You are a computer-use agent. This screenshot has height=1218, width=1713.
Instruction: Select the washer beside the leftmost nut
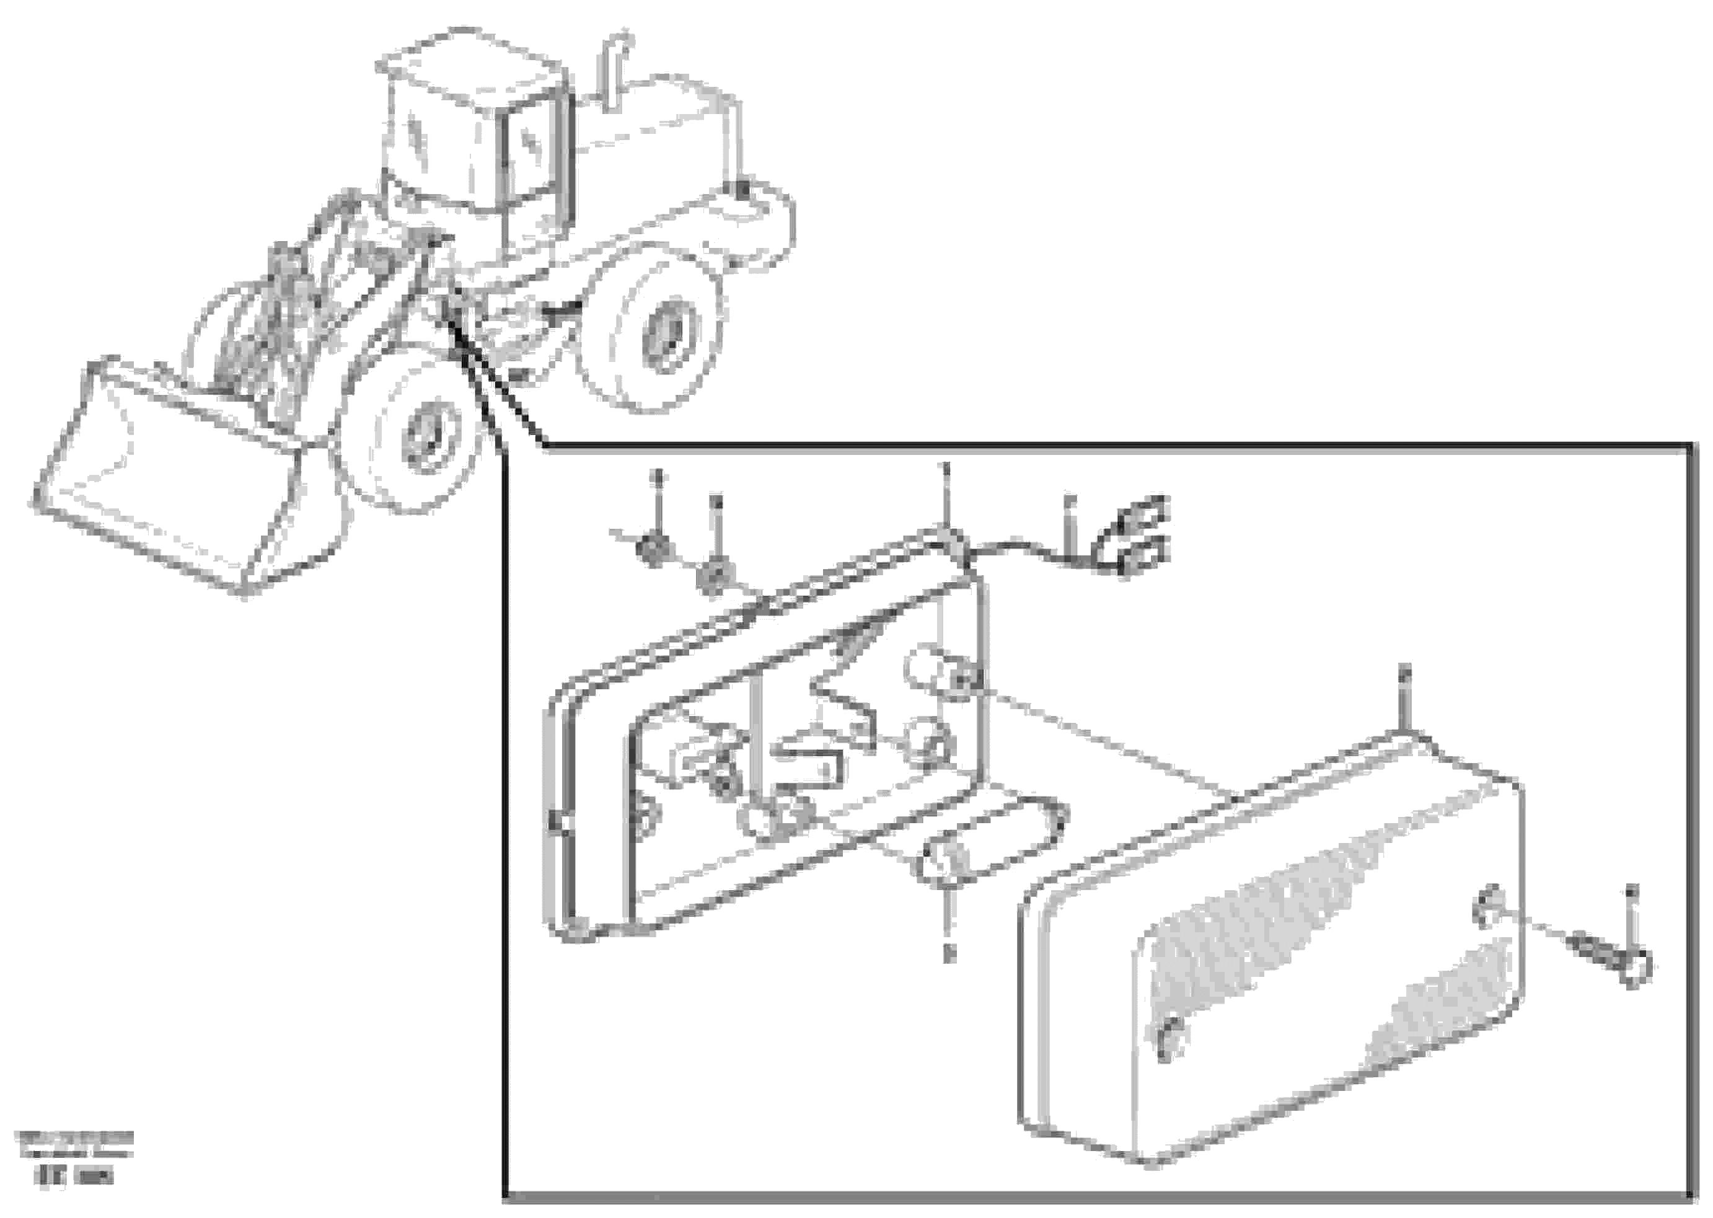[714, 578]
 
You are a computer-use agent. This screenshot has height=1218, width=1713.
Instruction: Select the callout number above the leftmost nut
[658, 475]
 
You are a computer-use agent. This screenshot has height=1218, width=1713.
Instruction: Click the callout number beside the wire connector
[1070, 500]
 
